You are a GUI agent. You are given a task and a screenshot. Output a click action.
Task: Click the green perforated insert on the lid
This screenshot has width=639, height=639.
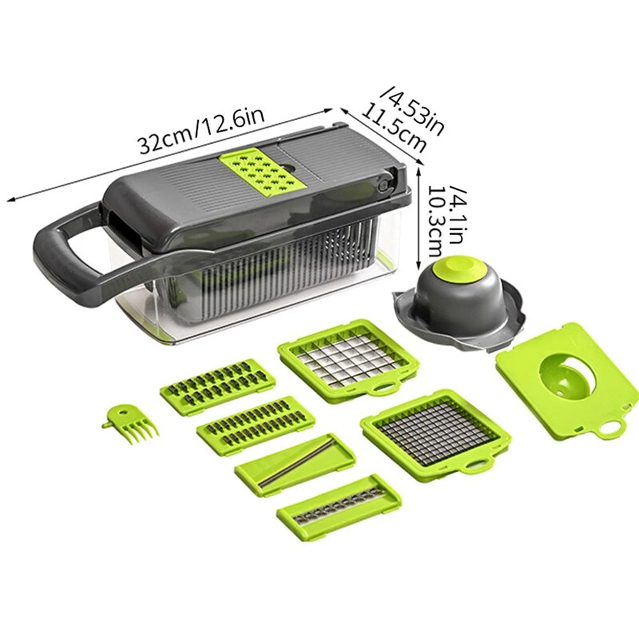(x=261, y=171)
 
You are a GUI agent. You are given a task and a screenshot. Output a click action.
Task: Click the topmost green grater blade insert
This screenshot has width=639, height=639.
(x=217, y=386)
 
